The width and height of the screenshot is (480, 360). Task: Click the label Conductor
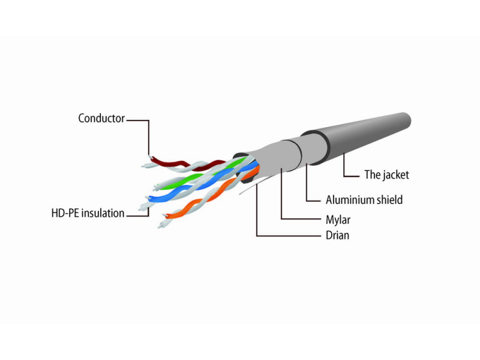(101, 118)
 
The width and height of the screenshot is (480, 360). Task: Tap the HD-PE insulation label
(88, 213)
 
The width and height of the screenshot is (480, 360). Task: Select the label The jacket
(386, 175)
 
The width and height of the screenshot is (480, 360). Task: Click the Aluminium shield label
(364, 200)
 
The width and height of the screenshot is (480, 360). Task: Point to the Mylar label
(338, 220)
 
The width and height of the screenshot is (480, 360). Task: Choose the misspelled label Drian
(337, 235)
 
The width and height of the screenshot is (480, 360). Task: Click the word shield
(389, 200)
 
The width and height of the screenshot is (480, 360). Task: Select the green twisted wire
(199, 175)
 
